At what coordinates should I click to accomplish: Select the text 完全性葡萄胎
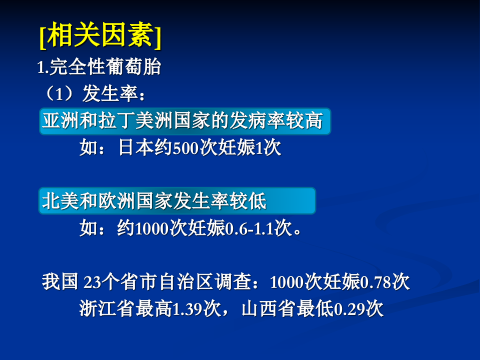point(105,67)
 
